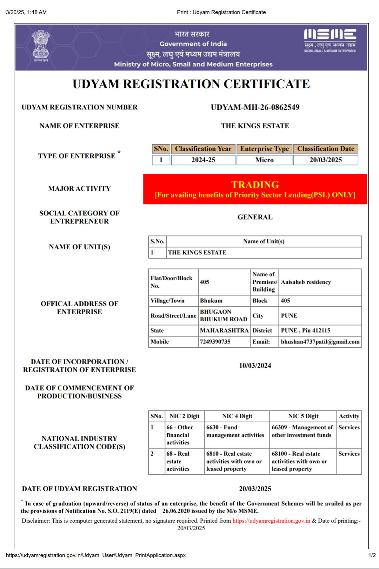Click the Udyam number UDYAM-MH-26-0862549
point(255,107)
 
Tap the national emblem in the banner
point(41,45)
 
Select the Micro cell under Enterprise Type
point(264,160)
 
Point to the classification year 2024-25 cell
point(203,160)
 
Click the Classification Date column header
point(326,149)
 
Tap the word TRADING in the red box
point(255,185)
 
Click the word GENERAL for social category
point(255,217)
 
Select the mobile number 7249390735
point(215,342)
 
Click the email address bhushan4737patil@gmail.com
point(320,342)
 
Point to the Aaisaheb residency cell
point(306,282)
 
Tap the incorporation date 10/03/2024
point(255,366)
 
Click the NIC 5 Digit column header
point(303,416)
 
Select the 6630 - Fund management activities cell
point(235,431)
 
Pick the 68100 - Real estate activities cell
point(299,461)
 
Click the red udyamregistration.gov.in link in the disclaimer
point(271,521)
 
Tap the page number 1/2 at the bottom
point(372,555)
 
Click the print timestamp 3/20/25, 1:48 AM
point(26,12)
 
